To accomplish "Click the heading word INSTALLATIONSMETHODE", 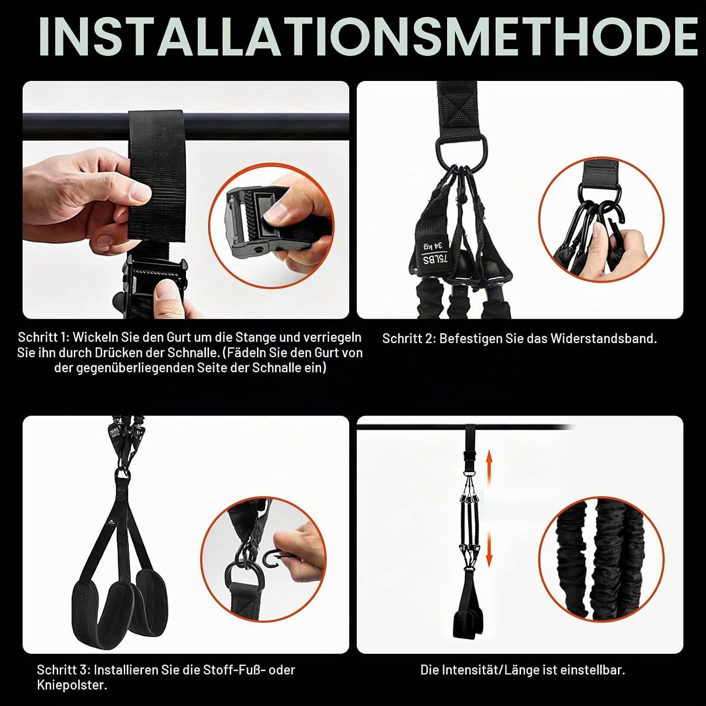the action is point(368,37).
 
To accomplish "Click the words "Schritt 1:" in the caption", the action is point(43,337).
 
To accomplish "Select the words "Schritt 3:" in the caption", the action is point(63,670).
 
